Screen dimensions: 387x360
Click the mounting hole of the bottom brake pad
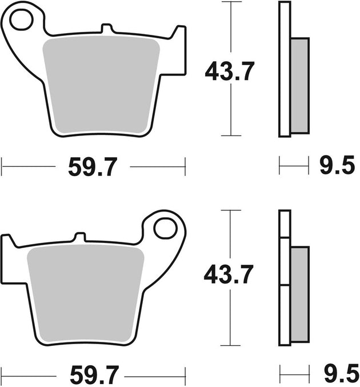165,227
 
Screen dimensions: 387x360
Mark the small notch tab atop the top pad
106,28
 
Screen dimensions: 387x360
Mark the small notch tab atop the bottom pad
81,236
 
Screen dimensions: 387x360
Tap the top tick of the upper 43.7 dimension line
230,2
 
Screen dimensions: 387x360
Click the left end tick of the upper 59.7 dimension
2,167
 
